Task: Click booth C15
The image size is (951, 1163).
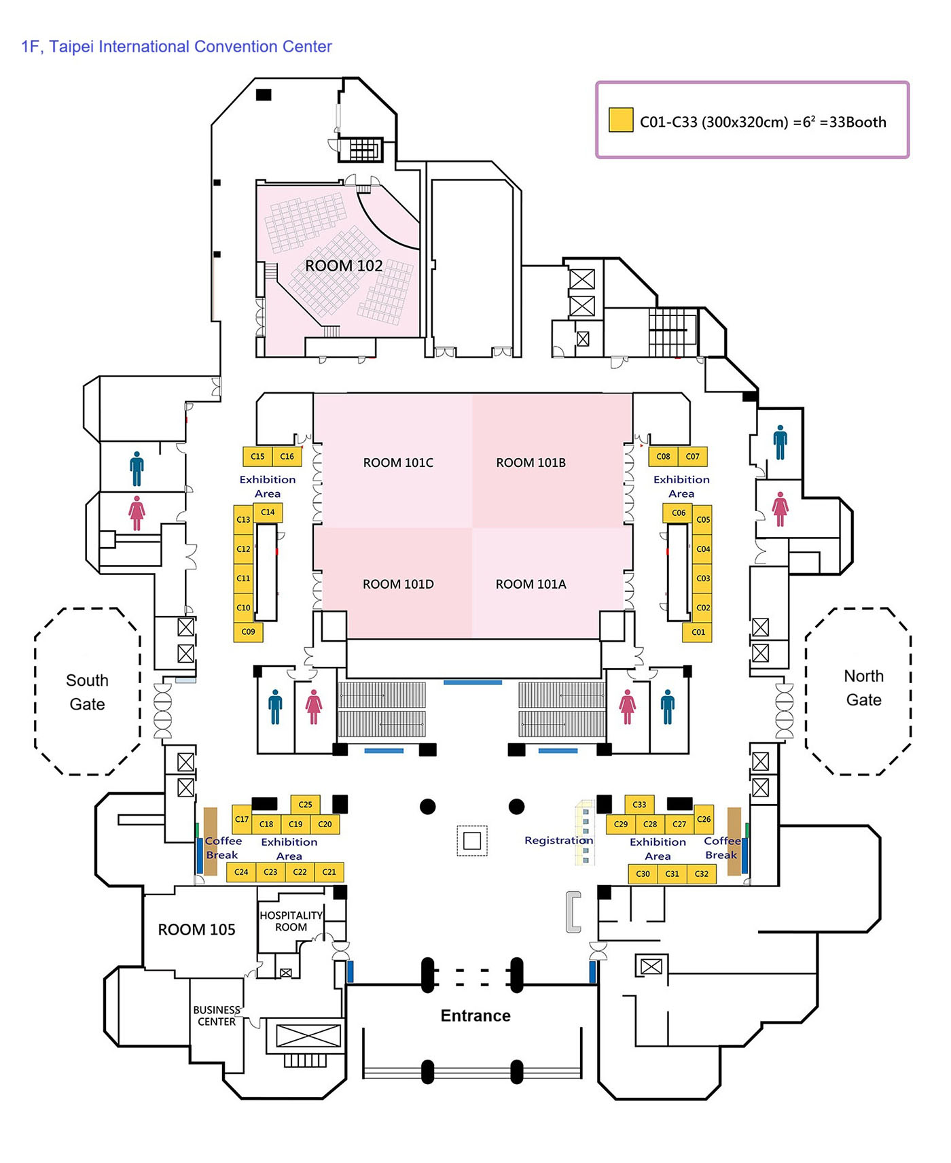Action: (x=257, y=457)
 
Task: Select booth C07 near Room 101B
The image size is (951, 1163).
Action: (x=692, y=457)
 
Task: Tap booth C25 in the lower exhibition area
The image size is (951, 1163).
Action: (x=305, y=805)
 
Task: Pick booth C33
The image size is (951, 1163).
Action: (x=639, y=805)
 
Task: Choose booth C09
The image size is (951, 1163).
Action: (x=249, y=632)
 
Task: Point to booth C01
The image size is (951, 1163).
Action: (x=698, y=632)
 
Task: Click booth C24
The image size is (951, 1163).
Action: (x=241, y=872)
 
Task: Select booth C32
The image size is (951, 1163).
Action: (x=702, y=873)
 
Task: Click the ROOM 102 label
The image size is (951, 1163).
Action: (x=344, y=266)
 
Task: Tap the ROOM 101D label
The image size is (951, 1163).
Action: (x=398, y=585)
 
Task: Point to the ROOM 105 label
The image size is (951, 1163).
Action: (x=196, y=930)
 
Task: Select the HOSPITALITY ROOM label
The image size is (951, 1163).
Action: (x=291, y=922)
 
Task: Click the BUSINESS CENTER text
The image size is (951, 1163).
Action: (x=217, y=1016)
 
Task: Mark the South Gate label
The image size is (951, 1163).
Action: (x=87, y=692)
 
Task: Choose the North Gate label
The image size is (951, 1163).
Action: (x=863, y=688)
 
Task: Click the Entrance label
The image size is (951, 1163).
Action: (x=475, y=1016)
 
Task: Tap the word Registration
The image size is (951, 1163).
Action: (x=558, y=841)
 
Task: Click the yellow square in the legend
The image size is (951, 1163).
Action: (x=621, y=120)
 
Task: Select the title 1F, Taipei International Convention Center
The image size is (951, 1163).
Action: (x=177, y=47)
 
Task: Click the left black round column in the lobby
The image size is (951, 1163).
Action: (x=428, y=807)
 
